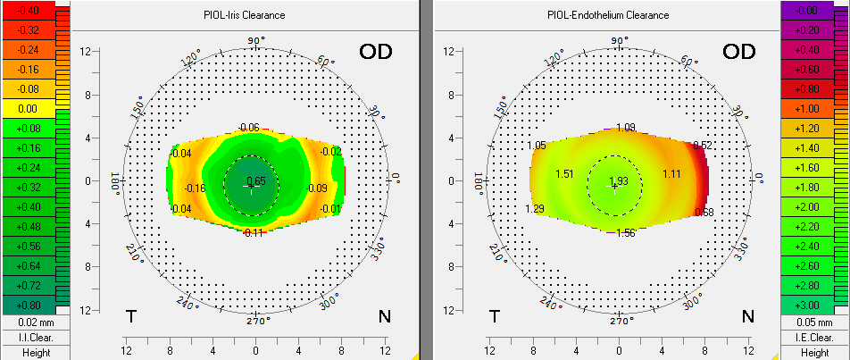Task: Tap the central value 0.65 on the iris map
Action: [256, 181]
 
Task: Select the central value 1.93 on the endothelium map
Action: [619, 181]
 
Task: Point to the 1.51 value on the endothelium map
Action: [564, 173]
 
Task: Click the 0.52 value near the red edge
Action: [703, 146]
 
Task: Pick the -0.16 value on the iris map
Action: [195, 188]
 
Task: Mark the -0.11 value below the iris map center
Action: [252, 232]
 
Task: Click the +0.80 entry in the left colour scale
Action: [27, 305]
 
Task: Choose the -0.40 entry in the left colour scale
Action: [27, 10]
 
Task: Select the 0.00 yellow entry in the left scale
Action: [27, 108]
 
